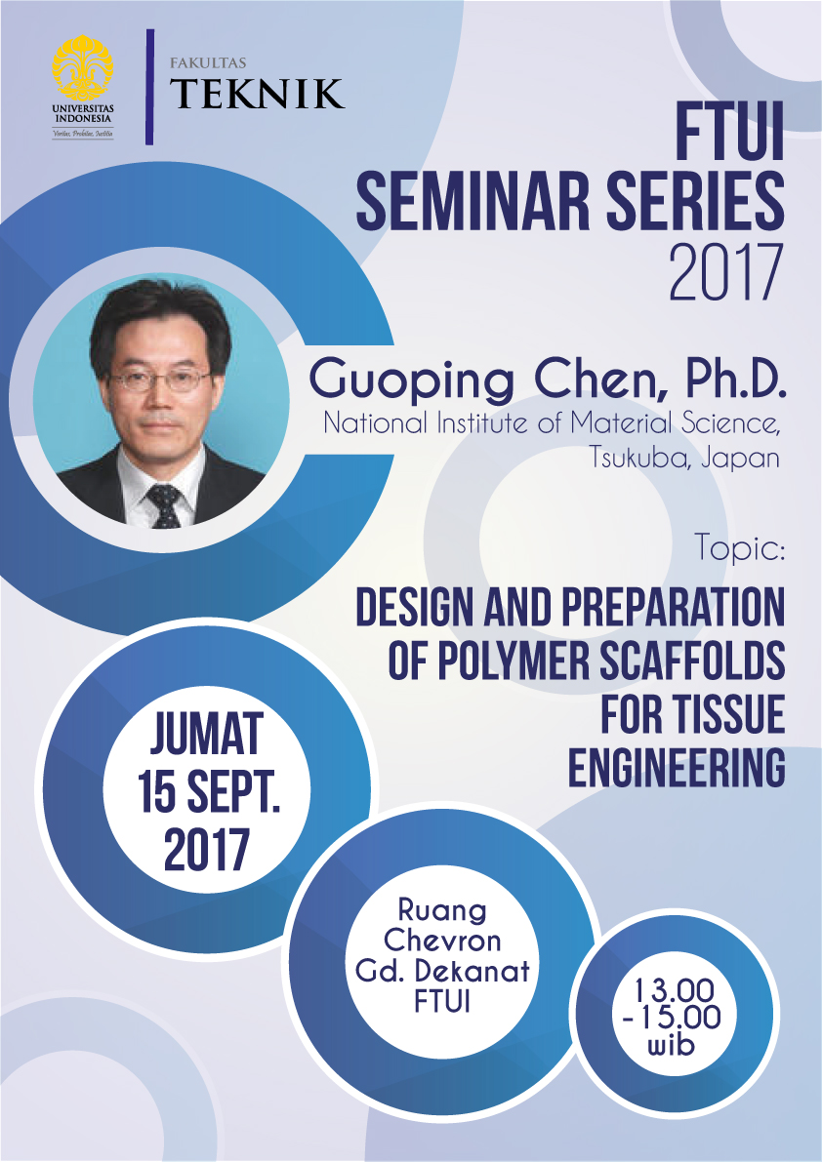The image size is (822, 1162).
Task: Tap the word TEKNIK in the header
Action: pyautogui.click(x=257, y=94)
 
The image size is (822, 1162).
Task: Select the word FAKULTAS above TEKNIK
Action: pyautogui.click(x=208, y=63)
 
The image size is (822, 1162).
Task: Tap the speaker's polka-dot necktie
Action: pyautogui.click(x=164, y=505)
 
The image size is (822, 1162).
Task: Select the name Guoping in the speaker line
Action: pyautogui.click(x=411, y=381)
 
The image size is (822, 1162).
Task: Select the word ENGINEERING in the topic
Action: pyautogui.click(x=677, y=767)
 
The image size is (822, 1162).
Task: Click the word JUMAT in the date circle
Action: pyautogui.click(x=207, y=734)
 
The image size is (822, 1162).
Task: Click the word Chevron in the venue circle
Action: pyautogui.click(x=442, y=940)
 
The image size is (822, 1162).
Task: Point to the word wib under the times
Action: pyautogui.click(x=673, y=1045)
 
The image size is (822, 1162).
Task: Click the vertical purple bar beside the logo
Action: pyautogui.click(x=149, y=87)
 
